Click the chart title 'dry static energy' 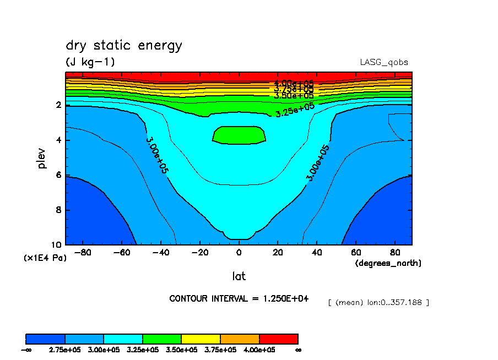pyautogui.click(x=123, y=45)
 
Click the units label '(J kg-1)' pyautogui.click(x=90, y=62)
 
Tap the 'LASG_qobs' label pyautogui.click(x=384, y=62)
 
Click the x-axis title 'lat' pyautogui.click(x=239, y=276)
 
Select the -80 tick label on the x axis pyautogui.click(x=83, y=253)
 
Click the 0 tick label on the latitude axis pyautogui.click(x=239, y=253)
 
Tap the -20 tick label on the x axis pyautogui.click(x=199, y=253)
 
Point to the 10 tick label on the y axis pyautogui.click(x=57, y=245)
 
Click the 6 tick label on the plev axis pyautogui.click(x=59, y=175)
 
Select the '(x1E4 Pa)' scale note pyautogui.click(x=45, y=258)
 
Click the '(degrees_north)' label pyautogui.click(x=388, y=264)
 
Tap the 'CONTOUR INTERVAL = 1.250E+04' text pyautogui.click(x=239, y=298)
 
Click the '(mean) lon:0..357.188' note pyautogui.click(x=378, y=302)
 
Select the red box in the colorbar pyautogui.click(x=279, y=339)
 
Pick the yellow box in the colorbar pyautogui.click(x=201, y=339)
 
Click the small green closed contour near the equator pyautogui.click(x=239, y=135)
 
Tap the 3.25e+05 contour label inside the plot pyautogui.click(x=295, y=110)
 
